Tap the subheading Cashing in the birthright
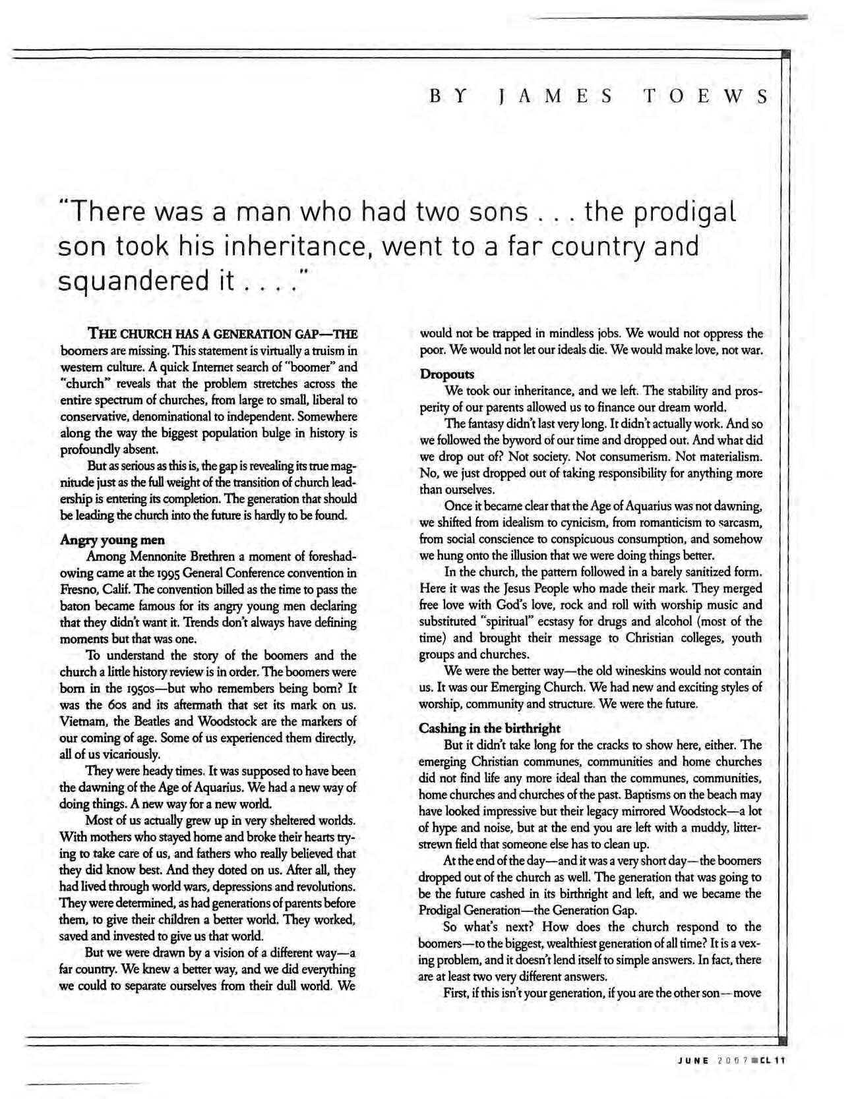(x=490, y=729)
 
